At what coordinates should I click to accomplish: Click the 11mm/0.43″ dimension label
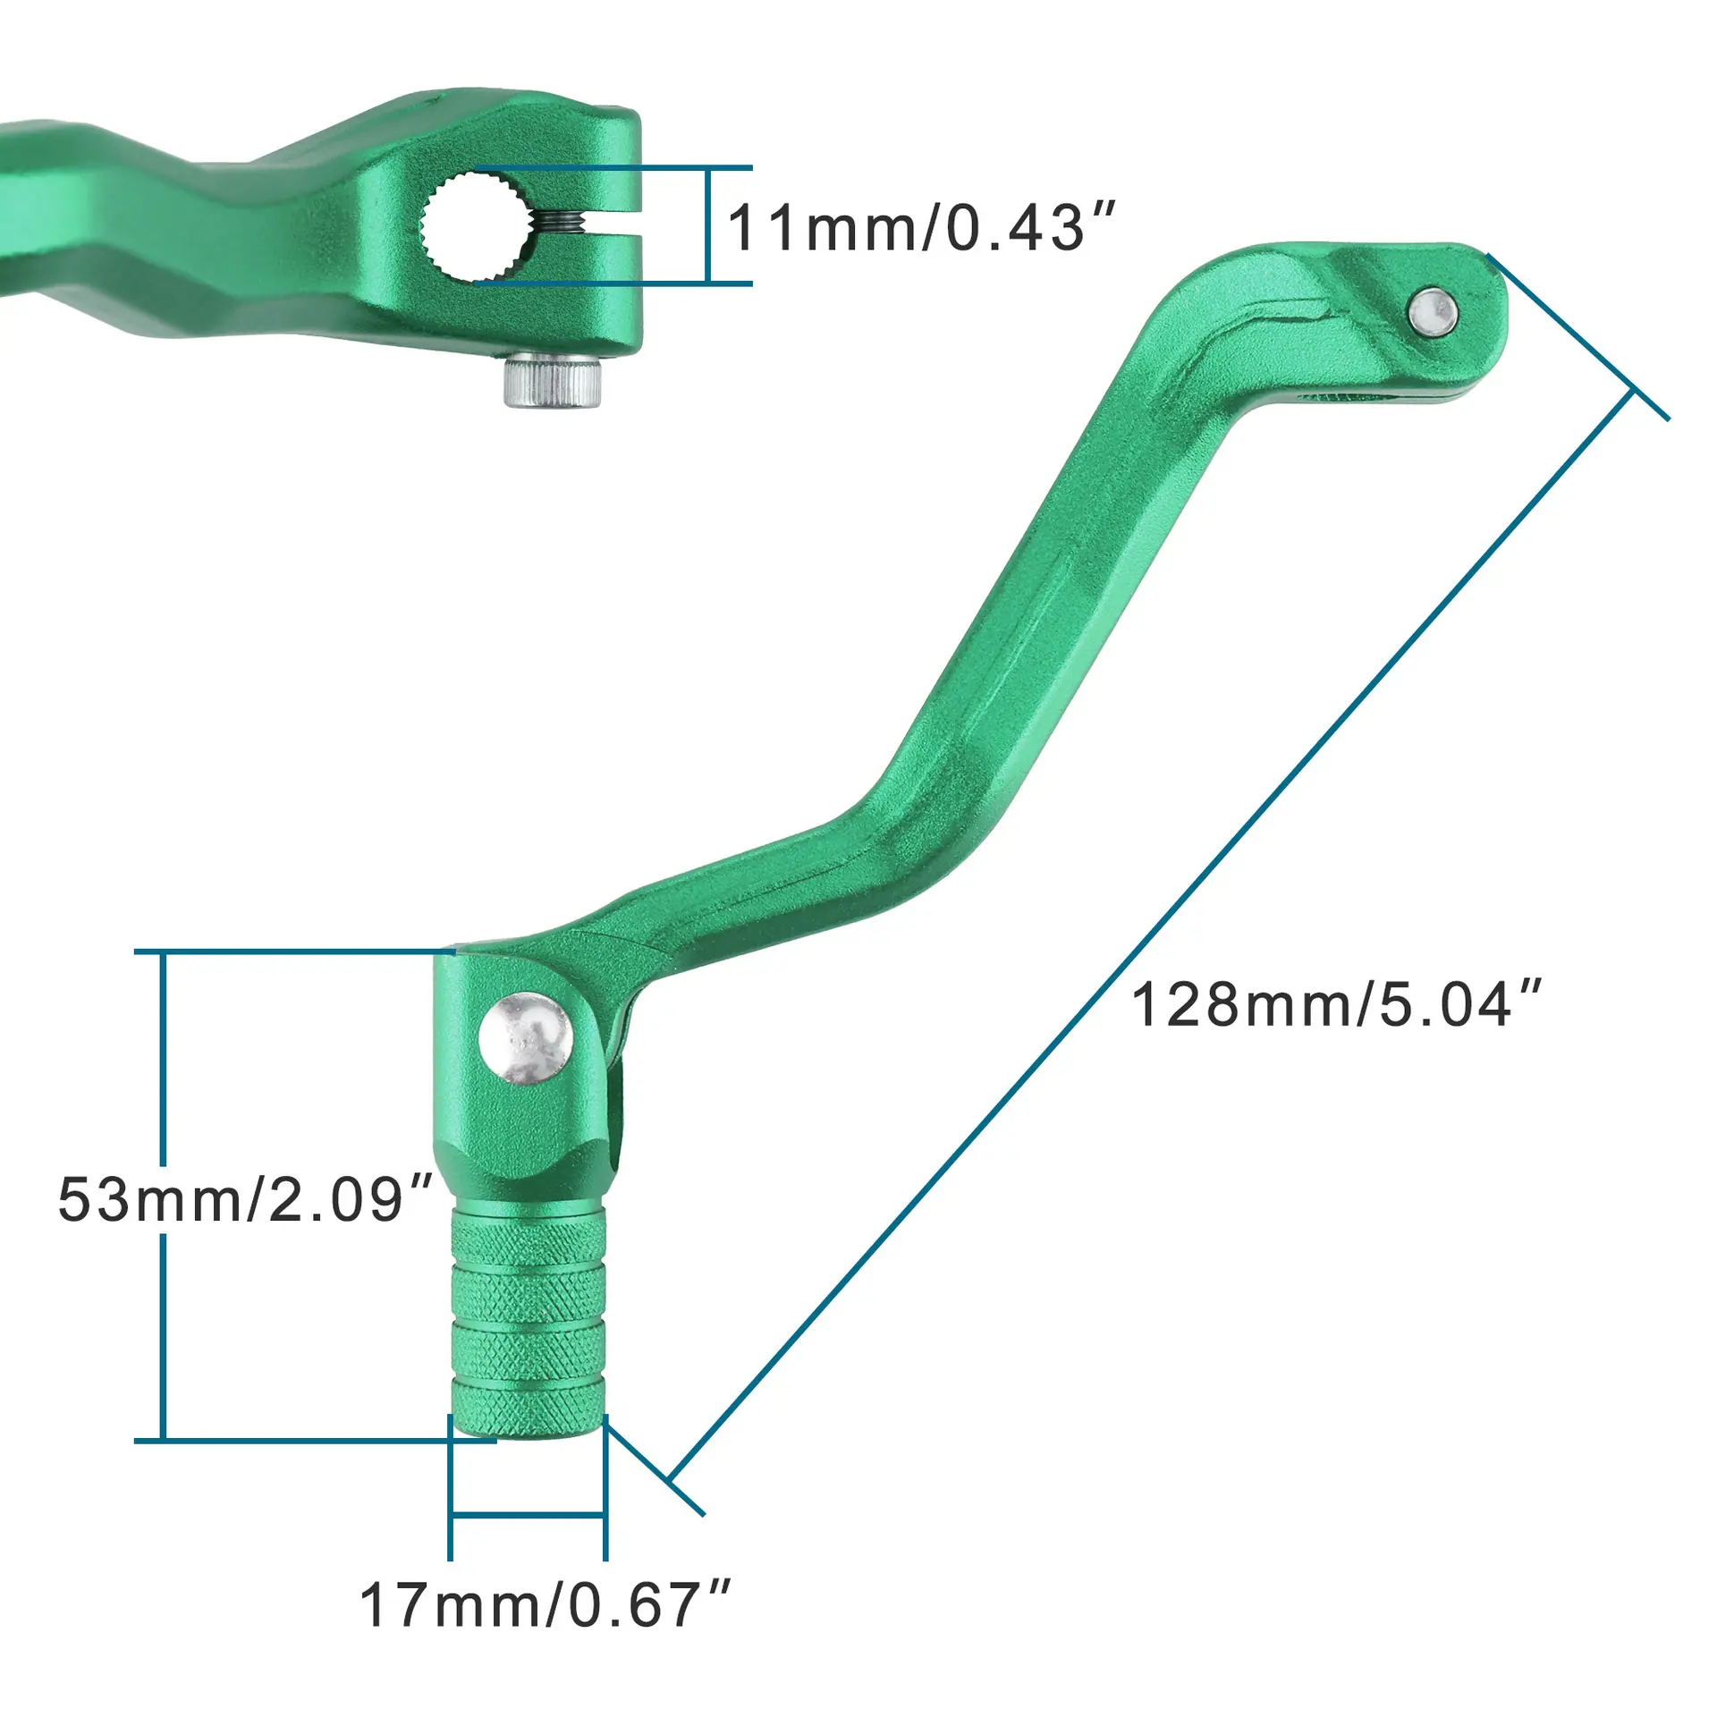pyautogui.click(x=922, y=228)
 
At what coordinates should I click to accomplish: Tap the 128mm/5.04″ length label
pyautogui.click(x=1338, y=1004)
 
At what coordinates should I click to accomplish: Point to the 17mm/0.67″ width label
pyautogui.click(x=545, y=1605)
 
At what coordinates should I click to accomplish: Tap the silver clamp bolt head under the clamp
pyautogui.click(x=552, y=383)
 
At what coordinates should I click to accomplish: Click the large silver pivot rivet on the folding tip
pyautogui.click(x=526, y=1038)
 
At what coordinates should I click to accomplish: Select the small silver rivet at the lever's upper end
pyautogui.click(x=1432, y=312)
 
